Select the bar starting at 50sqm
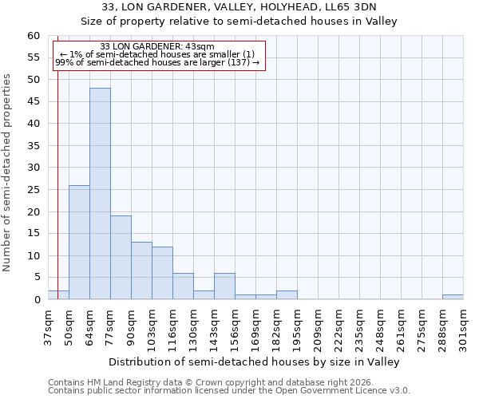(x=79, y=243)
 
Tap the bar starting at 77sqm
(x=121, y=258)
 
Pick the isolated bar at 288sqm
(x=453, y=297)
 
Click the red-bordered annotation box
(x=158, y=55)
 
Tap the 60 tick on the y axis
(x=34, y=36)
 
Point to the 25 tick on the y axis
(x=34, y=190)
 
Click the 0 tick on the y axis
(x=37, y=300)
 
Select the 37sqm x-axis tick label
(x=48, y=326)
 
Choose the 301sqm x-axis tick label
(x=463, y=326)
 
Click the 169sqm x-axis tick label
(x=255, y=326)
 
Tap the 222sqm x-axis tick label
(x=338, y=326)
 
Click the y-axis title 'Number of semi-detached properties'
(x=8, y=172)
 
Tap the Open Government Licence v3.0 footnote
(x=229, y=391)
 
